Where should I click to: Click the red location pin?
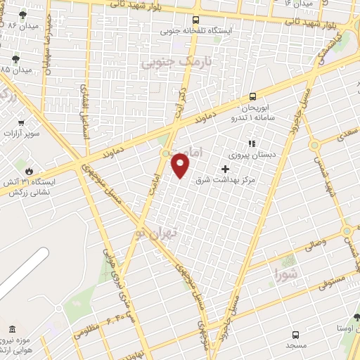(x=181, y=166)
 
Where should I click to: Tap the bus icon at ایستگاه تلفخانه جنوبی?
(x=195, y=20)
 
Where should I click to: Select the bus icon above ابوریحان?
(x=252, y=97)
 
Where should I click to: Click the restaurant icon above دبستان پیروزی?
(x=251, y=143)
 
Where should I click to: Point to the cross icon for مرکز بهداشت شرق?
(x=225, y=169)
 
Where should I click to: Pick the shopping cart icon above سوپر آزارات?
(x=21, y=122)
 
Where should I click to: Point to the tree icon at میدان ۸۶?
(x=24, y=14)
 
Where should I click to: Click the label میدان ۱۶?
(x=299, y=4)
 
